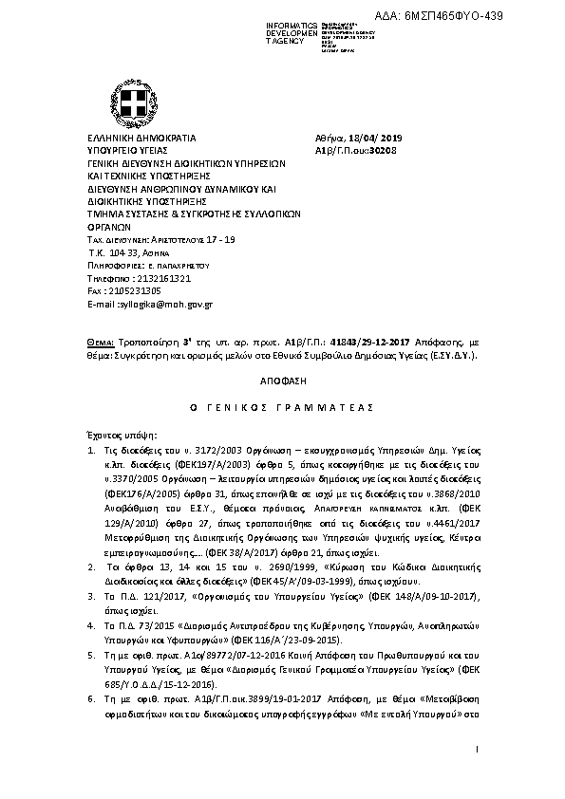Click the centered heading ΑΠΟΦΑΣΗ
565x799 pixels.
tap(282, 378)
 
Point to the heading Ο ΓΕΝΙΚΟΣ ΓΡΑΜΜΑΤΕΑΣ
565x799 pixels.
tap(282, 406)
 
